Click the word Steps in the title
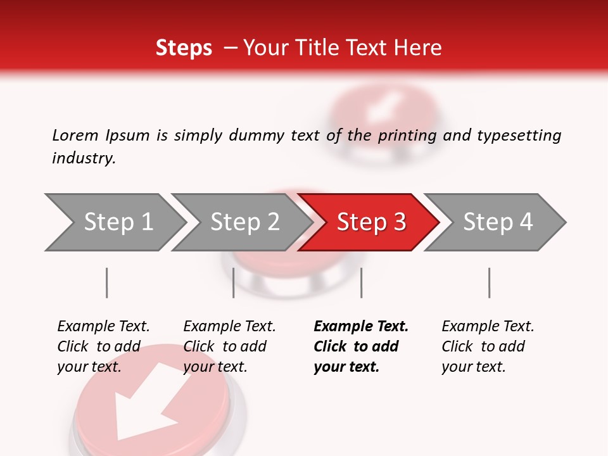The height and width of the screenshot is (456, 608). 184,48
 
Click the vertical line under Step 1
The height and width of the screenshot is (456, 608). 107,282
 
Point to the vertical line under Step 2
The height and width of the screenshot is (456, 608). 234,282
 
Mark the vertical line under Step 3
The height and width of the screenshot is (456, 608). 361,282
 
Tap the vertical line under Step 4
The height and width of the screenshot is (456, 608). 489,282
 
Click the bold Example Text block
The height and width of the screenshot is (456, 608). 361,346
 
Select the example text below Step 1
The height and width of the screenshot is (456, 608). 103,346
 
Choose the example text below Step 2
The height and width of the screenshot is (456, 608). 229,346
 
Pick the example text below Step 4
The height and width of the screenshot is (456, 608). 488,346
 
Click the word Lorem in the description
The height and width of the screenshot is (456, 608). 75,135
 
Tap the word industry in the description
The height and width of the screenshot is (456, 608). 84,158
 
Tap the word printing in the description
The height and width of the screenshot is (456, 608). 406,136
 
